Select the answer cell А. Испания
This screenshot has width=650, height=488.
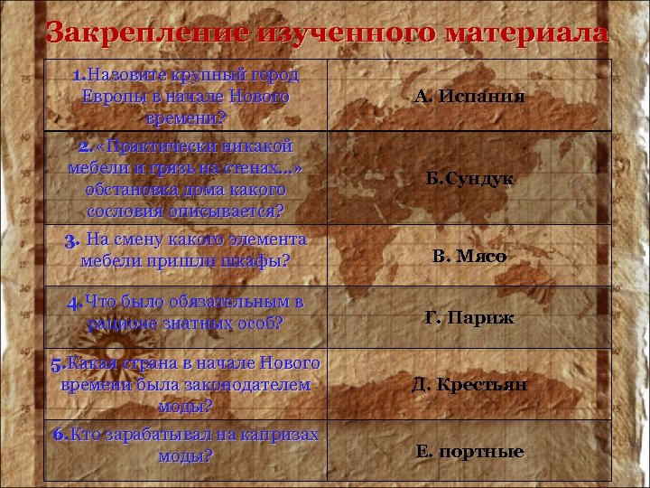(469, 97)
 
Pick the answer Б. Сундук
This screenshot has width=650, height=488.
(469, 179)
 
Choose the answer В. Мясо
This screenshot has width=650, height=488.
(469, 257)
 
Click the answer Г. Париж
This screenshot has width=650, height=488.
(469, 317)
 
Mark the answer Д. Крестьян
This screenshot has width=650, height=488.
(469, 385)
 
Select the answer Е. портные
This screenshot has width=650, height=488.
(469, 451)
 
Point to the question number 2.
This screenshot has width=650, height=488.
(83, 146)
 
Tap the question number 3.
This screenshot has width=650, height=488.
(72, 240)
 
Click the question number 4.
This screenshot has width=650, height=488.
(74, 302)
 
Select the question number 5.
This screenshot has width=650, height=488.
(57, 364)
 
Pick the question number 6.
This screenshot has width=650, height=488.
(60, 435)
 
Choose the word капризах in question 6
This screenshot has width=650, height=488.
(279, 435)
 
